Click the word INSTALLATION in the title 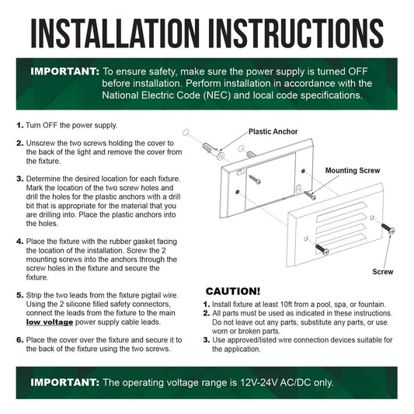[x=115, y=33]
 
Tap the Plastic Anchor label [x=273, y=131]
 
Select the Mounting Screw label [x=353, y=171]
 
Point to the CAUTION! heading [x=233, y=291]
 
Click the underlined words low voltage [x=50, y=322]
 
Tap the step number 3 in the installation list [x=20, y=179]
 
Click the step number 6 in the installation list [x=20, y=339]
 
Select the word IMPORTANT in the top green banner [x=64, y=71]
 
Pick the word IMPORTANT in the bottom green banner [x=64, y=382]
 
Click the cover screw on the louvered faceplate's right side [x=388, y=228]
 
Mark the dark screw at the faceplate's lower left [x=322, y=249]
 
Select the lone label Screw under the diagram [x=383, y=272]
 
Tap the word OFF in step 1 [x=50, y=125]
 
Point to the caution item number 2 [x=206, y=313]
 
